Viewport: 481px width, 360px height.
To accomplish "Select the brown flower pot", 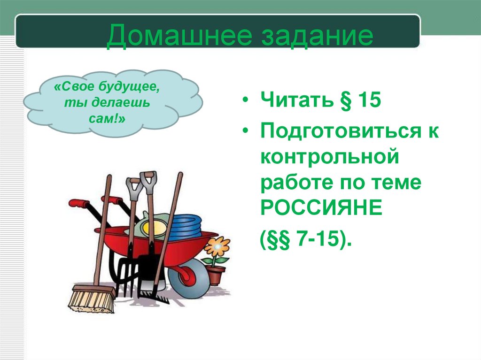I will pyautogui.click(x=216, y=275).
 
